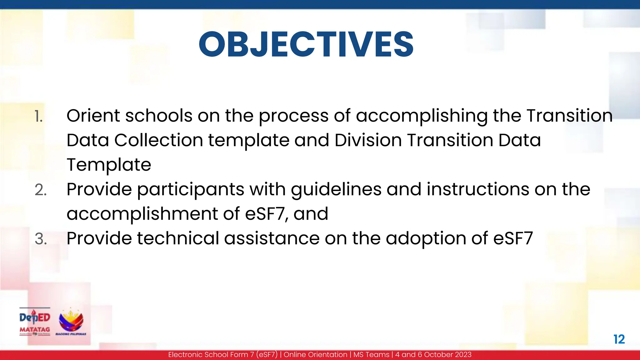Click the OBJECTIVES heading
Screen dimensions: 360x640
tap(306, 44)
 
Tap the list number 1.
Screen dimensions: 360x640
tap(38, 117)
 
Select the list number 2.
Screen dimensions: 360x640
tap(41, 190)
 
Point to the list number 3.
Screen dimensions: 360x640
tap(41, 239)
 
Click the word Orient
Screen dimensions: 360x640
tap(93, 116)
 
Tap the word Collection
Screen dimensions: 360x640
tap(158, 140)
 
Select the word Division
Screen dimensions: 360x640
tap(368, 140)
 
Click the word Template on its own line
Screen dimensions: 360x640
tap(109, 165)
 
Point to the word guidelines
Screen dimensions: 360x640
tap(336, 190)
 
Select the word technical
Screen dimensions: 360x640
tap(178, 238)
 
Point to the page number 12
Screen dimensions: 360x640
tap(619, 339)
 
